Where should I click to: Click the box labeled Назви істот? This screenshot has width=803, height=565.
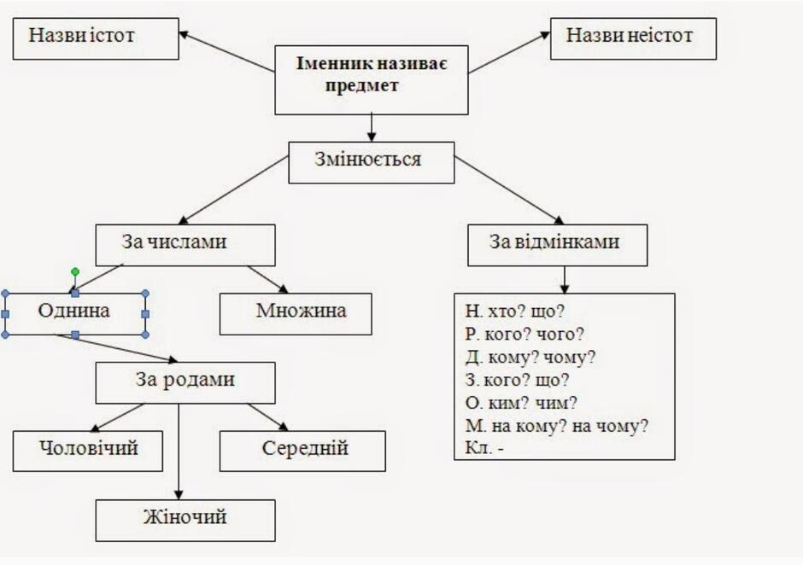tap(96, 39)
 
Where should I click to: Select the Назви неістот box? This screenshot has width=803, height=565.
tap(633, 39)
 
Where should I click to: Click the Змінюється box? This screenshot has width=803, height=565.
tap(372, 163)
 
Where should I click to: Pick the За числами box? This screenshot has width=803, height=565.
tap(185, 245)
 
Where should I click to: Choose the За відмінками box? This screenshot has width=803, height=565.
tap(558, 245)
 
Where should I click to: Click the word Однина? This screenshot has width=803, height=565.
tap(73, 311)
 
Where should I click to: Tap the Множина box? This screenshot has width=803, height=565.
tap(296, 314)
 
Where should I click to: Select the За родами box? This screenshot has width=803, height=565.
tap(185, 383)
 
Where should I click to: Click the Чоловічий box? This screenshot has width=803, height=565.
tap(88, 451)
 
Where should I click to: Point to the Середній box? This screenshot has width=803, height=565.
tap(302, 451)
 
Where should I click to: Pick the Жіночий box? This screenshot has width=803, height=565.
tap(185, 521)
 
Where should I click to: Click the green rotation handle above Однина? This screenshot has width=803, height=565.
tap(75, 271)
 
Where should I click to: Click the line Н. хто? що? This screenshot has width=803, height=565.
tap(514, 312)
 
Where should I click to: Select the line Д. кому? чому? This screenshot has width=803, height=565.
tap(530, 358)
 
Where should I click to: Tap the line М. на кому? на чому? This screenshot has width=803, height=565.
tap(557, 426)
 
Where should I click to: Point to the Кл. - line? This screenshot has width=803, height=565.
tap(484, 448)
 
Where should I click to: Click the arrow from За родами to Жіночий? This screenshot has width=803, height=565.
tap(179, 451)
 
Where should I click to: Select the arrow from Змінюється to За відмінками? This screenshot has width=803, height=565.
tap(509, 190)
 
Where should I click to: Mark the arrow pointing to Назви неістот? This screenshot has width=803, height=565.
tap(509, 52)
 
